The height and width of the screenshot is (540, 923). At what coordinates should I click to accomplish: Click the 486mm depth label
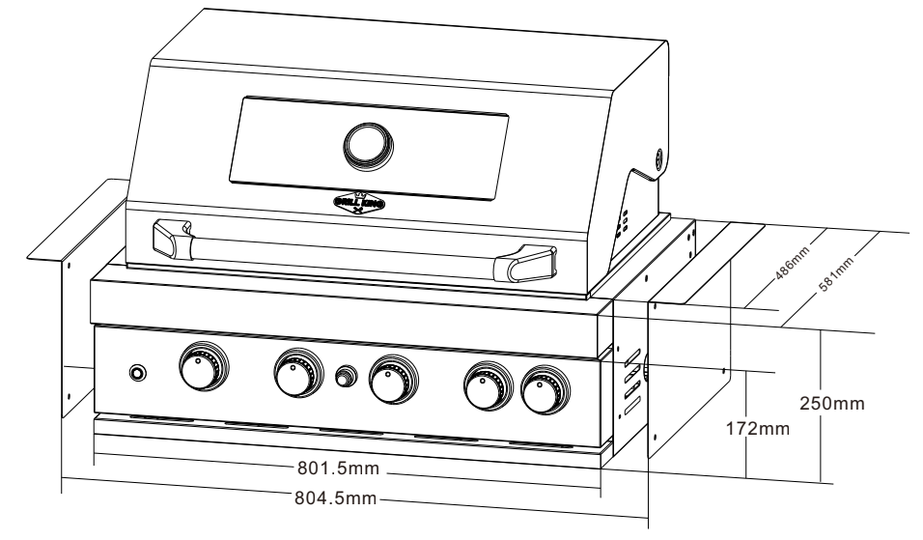pos(788,265)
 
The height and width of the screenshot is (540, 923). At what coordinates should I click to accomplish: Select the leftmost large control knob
pos(204,369)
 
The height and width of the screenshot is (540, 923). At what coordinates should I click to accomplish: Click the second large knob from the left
pos(297,375)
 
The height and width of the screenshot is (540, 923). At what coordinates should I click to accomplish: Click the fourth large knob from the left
pos(486,385)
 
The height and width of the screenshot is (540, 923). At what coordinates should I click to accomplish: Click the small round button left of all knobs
pos(138,373)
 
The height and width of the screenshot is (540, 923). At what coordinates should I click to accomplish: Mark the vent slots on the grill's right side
pos(629,381)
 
